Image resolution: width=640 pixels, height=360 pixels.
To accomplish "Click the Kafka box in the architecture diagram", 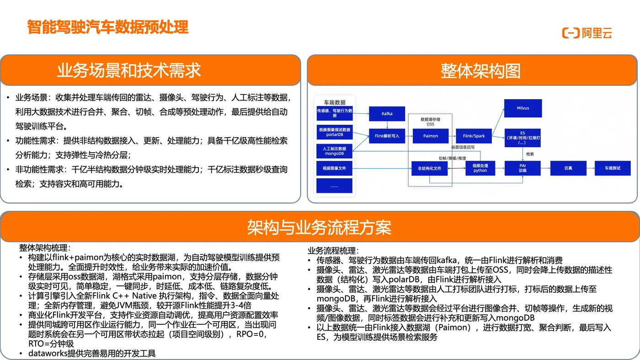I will pos(387,114).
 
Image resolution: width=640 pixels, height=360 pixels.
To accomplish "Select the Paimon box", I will pos(430,136).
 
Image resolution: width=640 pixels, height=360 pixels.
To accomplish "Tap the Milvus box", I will pos(523,108).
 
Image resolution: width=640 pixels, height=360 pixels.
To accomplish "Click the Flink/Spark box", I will pos(474,136).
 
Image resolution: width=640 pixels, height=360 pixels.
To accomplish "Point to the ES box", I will pos(523,138).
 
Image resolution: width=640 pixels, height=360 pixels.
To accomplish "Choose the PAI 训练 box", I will pos(523,168).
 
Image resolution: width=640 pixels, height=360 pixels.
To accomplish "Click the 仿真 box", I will pos(568,168).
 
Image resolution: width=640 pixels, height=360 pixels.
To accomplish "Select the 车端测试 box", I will pos(613,168).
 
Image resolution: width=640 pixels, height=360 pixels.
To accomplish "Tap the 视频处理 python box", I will pos(480,168).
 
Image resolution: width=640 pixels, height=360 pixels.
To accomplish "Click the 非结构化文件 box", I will pos(429,168).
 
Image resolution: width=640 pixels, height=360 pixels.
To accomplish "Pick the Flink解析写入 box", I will pos(387,136).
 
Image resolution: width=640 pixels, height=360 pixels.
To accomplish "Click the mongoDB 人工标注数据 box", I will pos(334,151).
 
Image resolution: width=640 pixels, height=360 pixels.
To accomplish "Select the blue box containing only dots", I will pos(334,185).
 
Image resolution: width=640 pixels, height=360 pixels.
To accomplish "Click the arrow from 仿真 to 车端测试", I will pos(590,168).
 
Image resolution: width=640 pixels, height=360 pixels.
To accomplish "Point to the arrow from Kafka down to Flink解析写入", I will pos(387,125).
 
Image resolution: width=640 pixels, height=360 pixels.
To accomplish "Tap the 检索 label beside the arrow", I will pos(530,154).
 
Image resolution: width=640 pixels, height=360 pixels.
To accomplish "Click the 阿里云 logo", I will pos(587,33).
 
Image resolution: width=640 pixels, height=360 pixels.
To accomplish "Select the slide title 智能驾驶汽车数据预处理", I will pos(108,27).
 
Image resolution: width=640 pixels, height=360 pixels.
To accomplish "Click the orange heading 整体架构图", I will pos(480,71).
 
